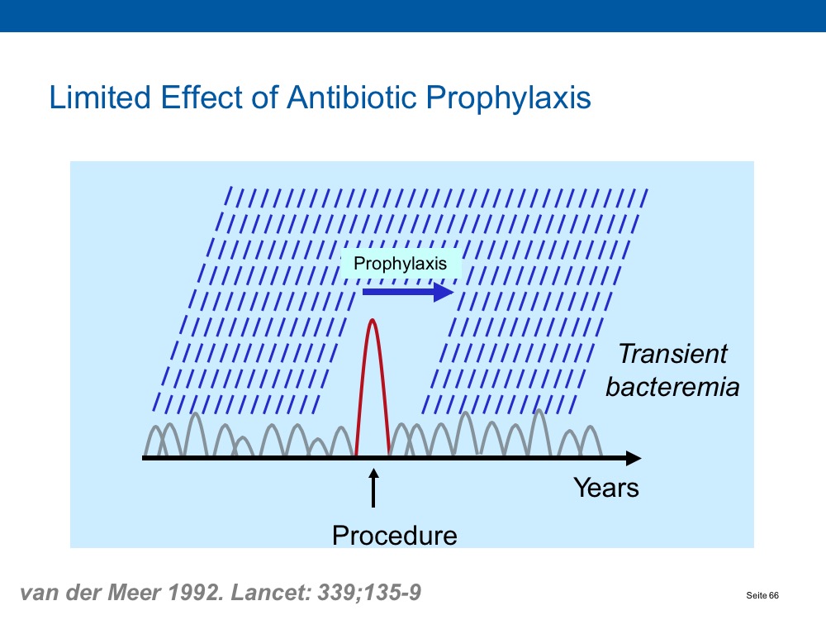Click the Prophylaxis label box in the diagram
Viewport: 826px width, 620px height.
pos(401,263)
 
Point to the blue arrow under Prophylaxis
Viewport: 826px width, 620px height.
pos(408,292)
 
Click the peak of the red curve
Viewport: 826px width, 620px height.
pos(373,319)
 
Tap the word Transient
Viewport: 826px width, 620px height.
pos(672,353)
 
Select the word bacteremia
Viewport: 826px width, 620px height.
pos(672,387)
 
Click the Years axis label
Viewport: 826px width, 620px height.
pos(606,488)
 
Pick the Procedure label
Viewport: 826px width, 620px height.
pos(395,536)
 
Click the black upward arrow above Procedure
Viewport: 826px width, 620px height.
pos(373,488)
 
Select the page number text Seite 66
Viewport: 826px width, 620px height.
pos(762,595)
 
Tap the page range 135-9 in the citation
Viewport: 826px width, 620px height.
pos(392,592)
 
